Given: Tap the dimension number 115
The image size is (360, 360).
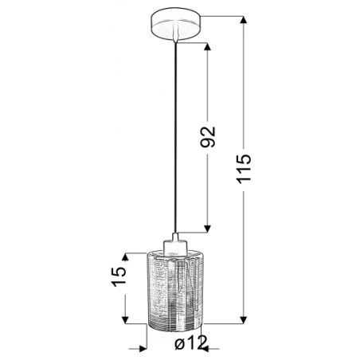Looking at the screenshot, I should (x=245, y=170).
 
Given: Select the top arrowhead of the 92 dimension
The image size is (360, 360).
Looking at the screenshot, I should (x=209, y=46).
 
